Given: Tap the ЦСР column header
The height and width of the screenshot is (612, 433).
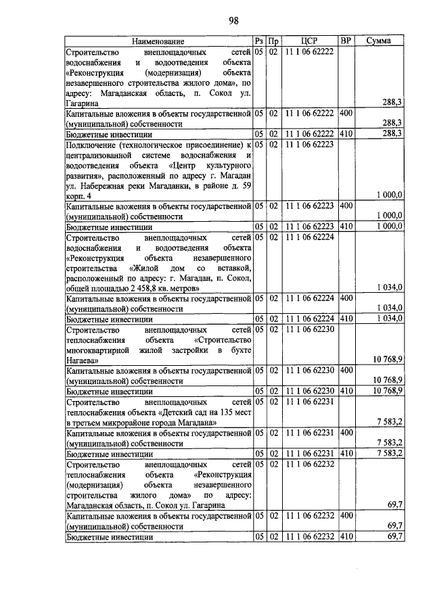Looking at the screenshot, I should coord(308,42).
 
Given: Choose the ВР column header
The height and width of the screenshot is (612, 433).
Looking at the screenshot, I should coord(346,42).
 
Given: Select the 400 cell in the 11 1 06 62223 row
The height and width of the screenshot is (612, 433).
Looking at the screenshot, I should coord(346,206).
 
